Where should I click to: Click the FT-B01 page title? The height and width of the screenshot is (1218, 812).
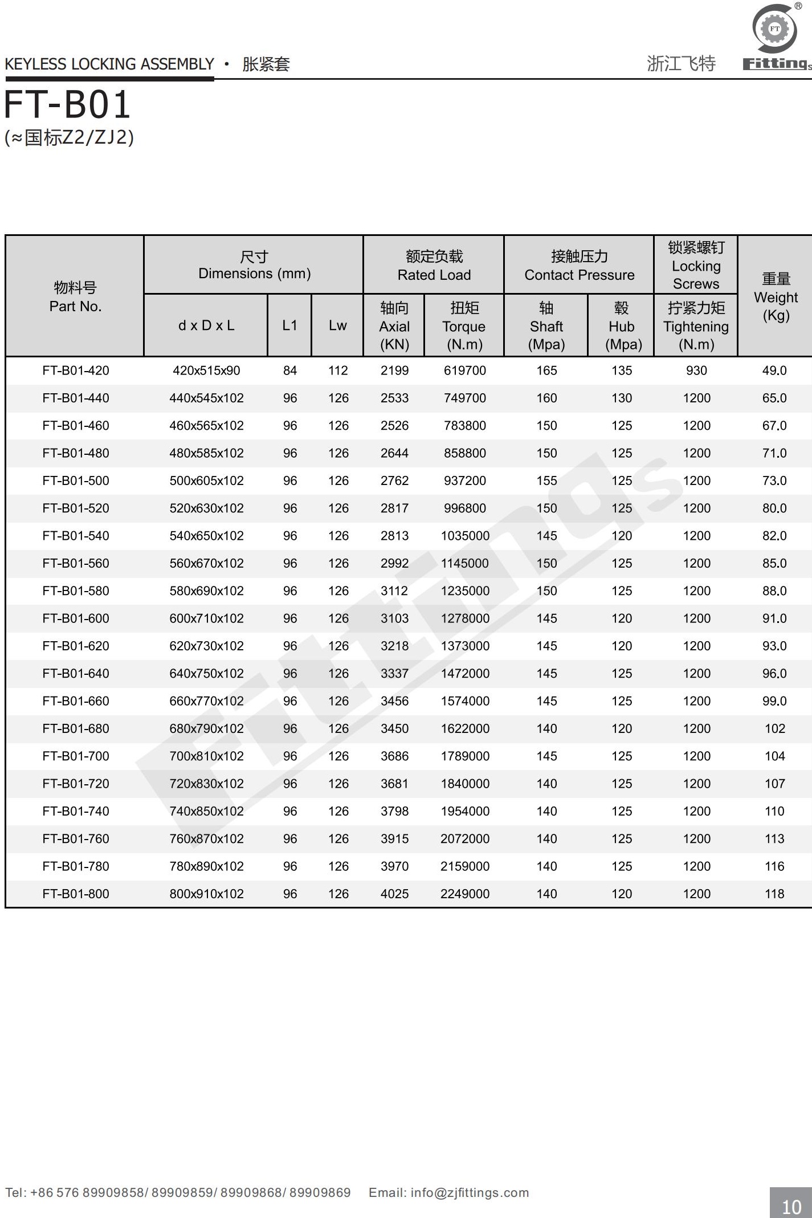68,105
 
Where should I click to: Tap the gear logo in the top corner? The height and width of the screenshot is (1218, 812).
774,28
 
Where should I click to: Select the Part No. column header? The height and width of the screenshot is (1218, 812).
75,297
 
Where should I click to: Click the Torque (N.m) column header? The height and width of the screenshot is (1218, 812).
464,326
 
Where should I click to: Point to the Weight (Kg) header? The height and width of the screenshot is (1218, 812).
776,297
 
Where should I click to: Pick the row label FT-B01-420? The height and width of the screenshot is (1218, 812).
76,370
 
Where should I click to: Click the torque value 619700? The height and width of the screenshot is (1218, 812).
465,370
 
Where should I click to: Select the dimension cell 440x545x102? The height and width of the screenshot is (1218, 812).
206,398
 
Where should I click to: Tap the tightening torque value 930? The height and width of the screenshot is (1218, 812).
696,370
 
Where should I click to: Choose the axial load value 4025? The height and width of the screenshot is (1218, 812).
394,894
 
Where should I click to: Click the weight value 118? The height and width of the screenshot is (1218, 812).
774,894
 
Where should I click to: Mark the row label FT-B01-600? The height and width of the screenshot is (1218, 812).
76,618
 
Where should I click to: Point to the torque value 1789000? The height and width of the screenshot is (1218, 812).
465,756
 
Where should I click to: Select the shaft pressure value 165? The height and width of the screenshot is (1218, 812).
546,370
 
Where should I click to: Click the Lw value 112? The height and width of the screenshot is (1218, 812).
338,370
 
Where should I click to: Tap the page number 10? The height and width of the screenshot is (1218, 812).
791,1206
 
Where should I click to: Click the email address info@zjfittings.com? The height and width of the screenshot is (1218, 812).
469,1192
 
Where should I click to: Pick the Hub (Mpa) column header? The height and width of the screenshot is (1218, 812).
622,326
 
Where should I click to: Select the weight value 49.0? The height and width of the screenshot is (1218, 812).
774,370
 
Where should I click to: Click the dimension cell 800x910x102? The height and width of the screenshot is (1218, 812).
206,894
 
